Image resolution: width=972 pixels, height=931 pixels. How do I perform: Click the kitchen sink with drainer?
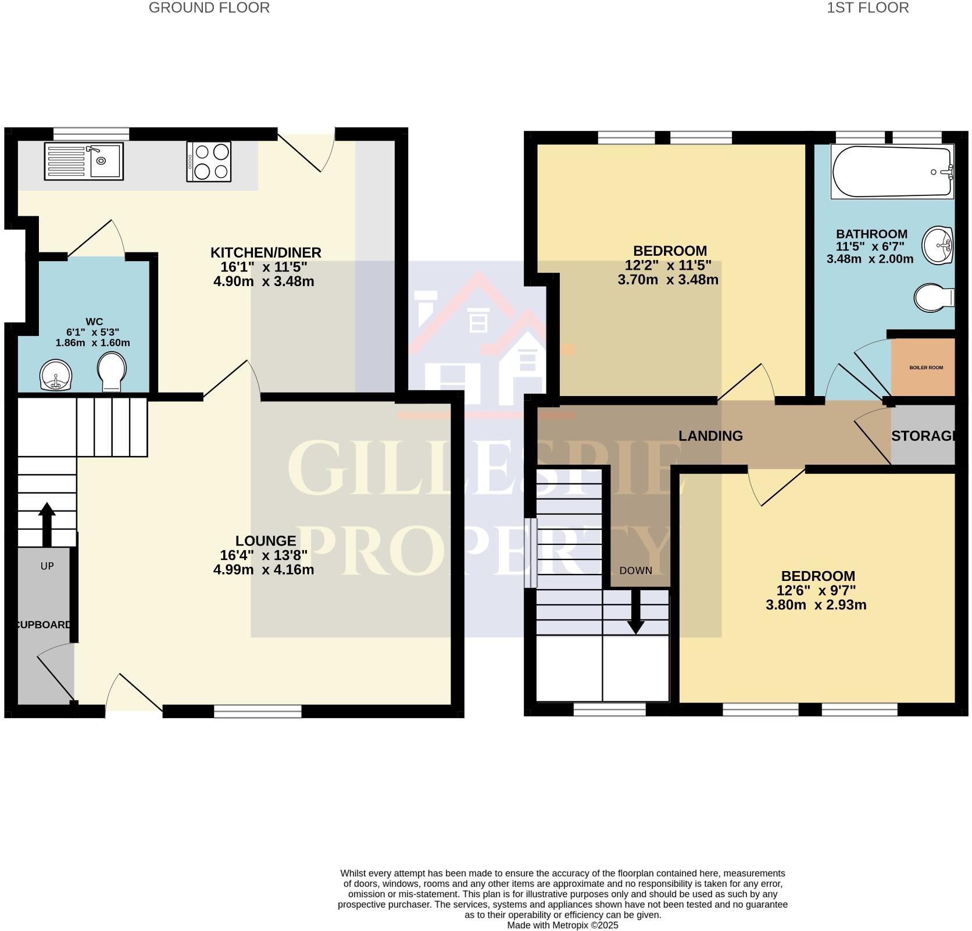point(84,161)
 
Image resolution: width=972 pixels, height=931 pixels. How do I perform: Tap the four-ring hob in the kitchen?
point(209,162)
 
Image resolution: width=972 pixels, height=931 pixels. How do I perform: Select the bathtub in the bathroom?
point(892,172)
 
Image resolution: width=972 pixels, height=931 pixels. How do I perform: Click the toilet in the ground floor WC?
point(112,372)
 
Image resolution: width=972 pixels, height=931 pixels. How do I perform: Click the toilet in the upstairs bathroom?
point(933,298)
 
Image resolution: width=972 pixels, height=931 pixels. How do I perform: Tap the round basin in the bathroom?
point(938,244)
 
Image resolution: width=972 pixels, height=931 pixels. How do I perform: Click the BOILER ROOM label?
point(926,368)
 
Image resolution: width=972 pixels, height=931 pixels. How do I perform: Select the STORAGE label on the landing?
point(923,436)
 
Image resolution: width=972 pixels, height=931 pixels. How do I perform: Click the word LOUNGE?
point(266,541)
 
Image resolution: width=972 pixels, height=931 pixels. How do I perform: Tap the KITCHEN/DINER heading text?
point(266,252)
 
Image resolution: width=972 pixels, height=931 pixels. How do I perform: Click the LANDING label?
point(710,436)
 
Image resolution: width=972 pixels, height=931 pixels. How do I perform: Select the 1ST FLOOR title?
point(868,8)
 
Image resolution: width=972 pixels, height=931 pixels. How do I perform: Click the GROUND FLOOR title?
point(209,8)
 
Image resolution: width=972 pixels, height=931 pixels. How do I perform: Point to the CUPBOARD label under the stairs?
point(44,625)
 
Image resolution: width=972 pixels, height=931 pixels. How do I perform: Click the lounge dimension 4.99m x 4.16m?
point(263,569)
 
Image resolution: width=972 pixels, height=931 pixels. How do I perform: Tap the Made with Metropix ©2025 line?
point(562,925)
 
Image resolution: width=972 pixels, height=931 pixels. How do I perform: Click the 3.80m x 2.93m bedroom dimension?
point(816,605)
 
